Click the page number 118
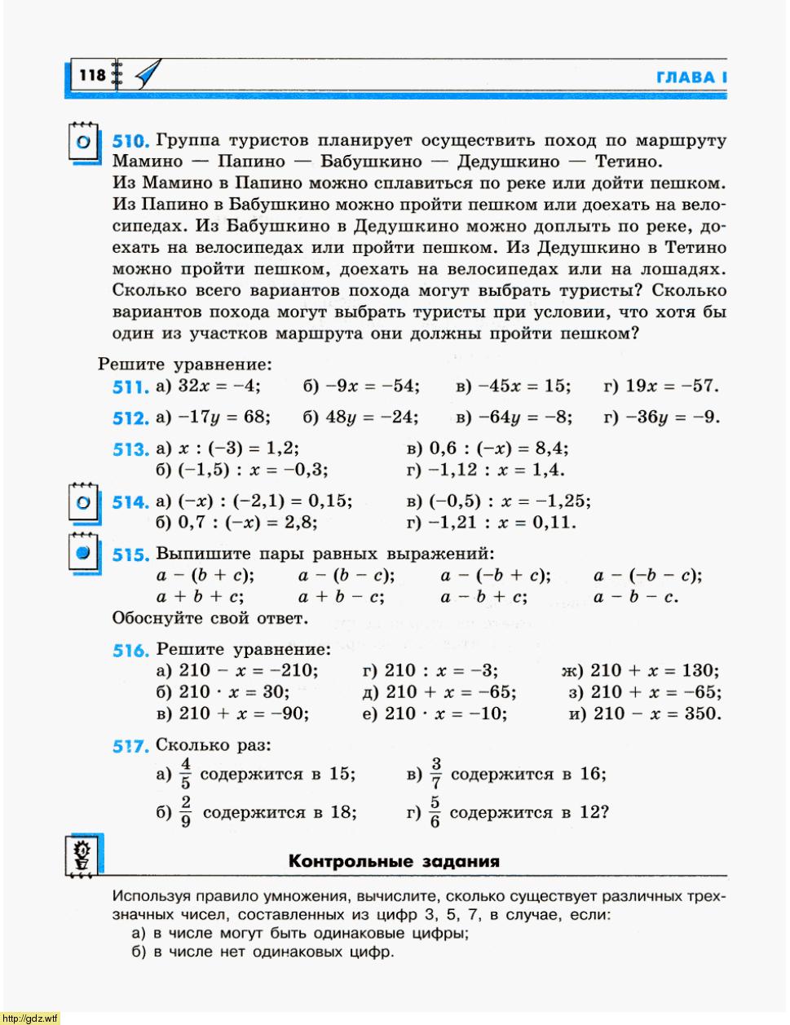tap(93, 76)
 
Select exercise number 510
tap(130, 141)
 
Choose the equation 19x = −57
tap(672, 386)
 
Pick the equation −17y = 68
tap(223, 418)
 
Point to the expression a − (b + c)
tap(205, 576)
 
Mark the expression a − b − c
tap(636, 597)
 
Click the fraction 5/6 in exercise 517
tap(435, 812)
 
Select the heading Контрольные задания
tap(394, 861)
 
